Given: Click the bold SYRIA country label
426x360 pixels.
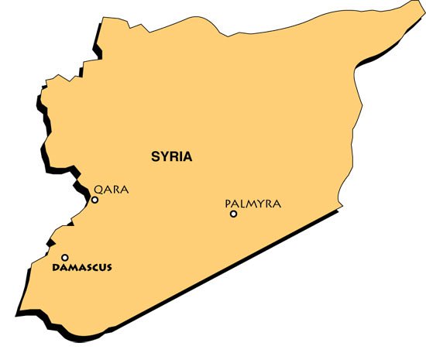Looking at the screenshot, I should pos(170,156).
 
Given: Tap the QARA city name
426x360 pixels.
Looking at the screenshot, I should pos(110,189).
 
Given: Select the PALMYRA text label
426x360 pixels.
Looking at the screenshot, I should pos(253,204).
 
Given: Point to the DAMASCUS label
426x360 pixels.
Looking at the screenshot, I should pos(81,268).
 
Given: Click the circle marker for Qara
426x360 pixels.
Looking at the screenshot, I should pos(94,200).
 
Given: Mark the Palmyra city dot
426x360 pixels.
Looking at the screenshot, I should pos(233,214).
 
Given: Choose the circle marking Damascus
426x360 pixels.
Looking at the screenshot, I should pos(65,258).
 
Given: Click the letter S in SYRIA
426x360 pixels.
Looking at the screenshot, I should pos(153,156).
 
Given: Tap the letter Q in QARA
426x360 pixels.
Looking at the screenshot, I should pos(98,189).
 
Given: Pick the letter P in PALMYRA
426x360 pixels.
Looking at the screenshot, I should pos(228,204).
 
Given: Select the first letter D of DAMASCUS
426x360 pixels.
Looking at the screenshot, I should pos(54,268).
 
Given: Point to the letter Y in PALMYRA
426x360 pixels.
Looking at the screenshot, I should pos(259,204).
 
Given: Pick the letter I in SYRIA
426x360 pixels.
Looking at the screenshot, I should pos(180,156).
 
